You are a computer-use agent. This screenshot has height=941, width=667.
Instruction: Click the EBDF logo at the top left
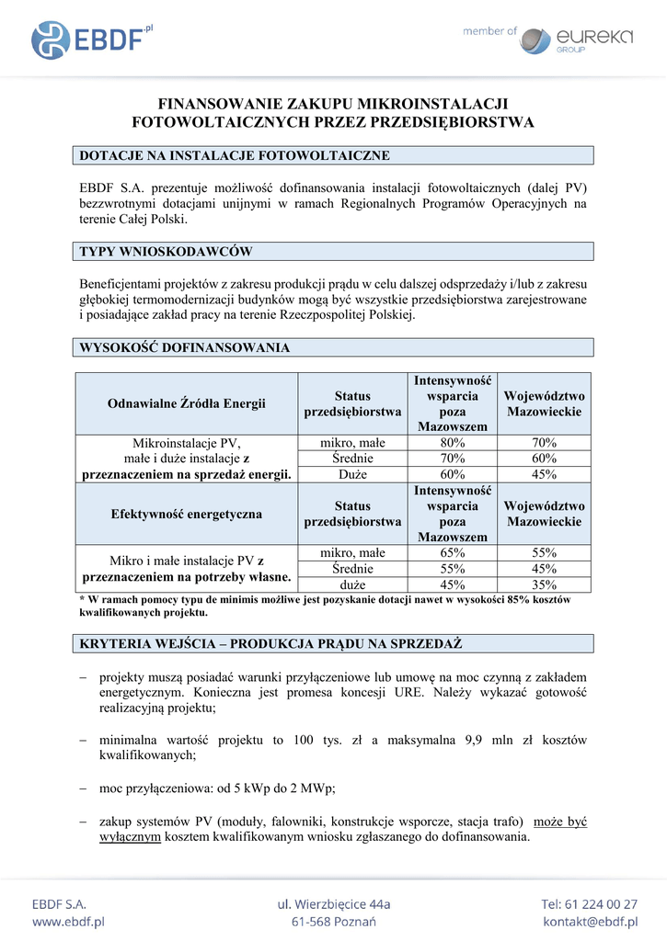(91, 40)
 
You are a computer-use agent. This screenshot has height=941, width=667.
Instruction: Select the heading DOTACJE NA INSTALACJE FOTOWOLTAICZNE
(236, 155)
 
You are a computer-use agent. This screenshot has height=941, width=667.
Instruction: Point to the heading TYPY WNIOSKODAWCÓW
(167, 251)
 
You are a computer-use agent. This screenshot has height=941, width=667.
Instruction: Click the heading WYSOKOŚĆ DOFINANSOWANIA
(185, 347)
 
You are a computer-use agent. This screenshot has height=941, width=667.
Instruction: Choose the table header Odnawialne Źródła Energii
(187, 403)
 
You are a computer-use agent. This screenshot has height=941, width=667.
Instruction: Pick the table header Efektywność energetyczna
(187, 514)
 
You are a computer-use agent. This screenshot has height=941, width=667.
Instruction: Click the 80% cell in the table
(452, 443)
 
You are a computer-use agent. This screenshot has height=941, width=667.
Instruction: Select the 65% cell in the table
(452, 553)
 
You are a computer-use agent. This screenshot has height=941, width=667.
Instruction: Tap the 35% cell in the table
(544, 584)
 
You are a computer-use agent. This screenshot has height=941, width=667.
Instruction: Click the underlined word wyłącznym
(130, 837)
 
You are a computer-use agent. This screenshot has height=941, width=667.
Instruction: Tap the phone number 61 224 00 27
(603, 904)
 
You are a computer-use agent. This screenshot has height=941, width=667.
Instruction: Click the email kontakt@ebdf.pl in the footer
(591, 922)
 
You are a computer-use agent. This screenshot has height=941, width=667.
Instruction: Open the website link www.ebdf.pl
(69, 922)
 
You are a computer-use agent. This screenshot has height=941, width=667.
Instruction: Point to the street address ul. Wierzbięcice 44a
(334, 904)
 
